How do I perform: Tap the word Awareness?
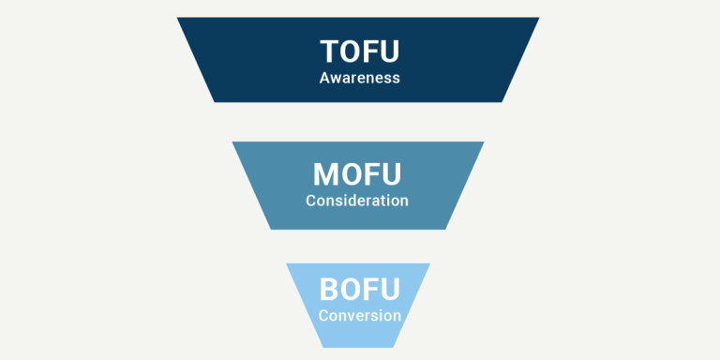(x=359, y=78)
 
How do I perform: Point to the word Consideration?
(x=357, y=200)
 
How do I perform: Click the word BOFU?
(x=359, y=289)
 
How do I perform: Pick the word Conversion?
(x=359, y=315)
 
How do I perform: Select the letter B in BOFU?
(x=328, y=289)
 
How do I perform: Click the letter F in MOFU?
(x=369, y=174)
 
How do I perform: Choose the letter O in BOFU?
(x=350, y=289)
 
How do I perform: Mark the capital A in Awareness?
(x=324, y=78)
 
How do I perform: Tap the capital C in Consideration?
(x=311, y=200)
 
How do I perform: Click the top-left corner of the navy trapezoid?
(x=177, y=18)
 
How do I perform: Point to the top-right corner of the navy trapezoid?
(x=540, y=18)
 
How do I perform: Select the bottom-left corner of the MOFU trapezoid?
(x=271, y=230)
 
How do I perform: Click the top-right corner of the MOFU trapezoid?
(x=484, y=142)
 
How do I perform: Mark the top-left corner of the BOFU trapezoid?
(x=287, y=263)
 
